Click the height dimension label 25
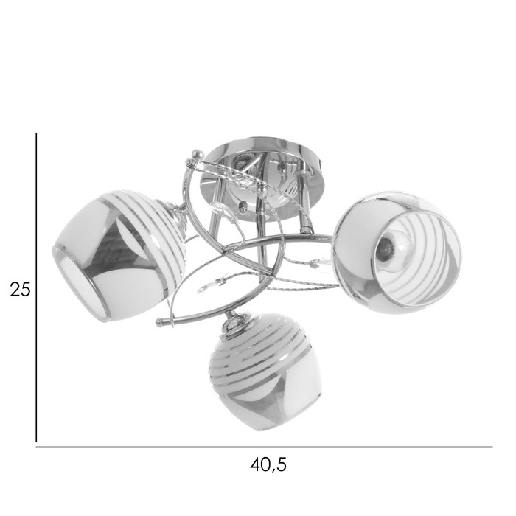point(20,290)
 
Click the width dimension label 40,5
point(268,465)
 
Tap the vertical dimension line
point(36,287)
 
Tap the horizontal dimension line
point(264,447)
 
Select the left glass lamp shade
point(119,256)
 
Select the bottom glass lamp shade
point(265,372)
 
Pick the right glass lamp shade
point(397,253)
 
